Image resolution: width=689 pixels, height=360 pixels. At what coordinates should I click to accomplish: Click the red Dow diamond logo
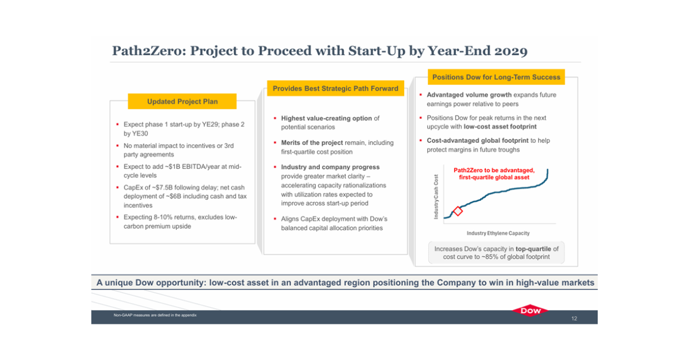click(x=531, y=311)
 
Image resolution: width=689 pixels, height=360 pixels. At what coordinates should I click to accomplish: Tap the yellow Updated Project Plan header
click(x=182, y=102)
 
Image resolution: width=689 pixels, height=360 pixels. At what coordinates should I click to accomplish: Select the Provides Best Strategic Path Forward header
click(x=335, y=89)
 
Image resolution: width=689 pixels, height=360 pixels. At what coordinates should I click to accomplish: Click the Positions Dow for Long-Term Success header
click(x=496, y=77)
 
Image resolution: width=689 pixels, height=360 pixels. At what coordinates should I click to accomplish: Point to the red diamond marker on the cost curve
click(x=458, y=211)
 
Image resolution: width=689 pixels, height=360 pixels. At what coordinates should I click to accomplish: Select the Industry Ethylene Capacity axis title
click(x=498, y=233)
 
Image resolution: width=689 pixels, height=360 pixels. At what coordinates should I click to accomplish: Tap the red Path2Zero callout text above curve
click(x=494, y=174)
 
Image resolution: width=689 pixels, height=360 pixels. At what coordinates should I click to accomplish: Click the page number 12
click(x=574, y=318)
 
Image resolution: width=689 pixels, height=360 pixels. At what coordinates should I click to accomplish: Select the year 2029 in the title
click(x=508, y=51)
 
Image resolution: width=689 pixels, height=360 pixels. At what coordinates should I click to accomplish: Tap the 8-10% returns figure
click(x=163, y=218)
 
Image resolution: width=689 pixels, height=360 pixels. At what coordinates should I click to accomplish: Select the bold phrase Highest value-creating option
click(x=326, y=118)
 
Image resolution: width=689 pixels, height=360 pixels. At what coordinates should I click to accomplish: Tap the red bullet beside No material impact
click(x=117, y=146)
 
